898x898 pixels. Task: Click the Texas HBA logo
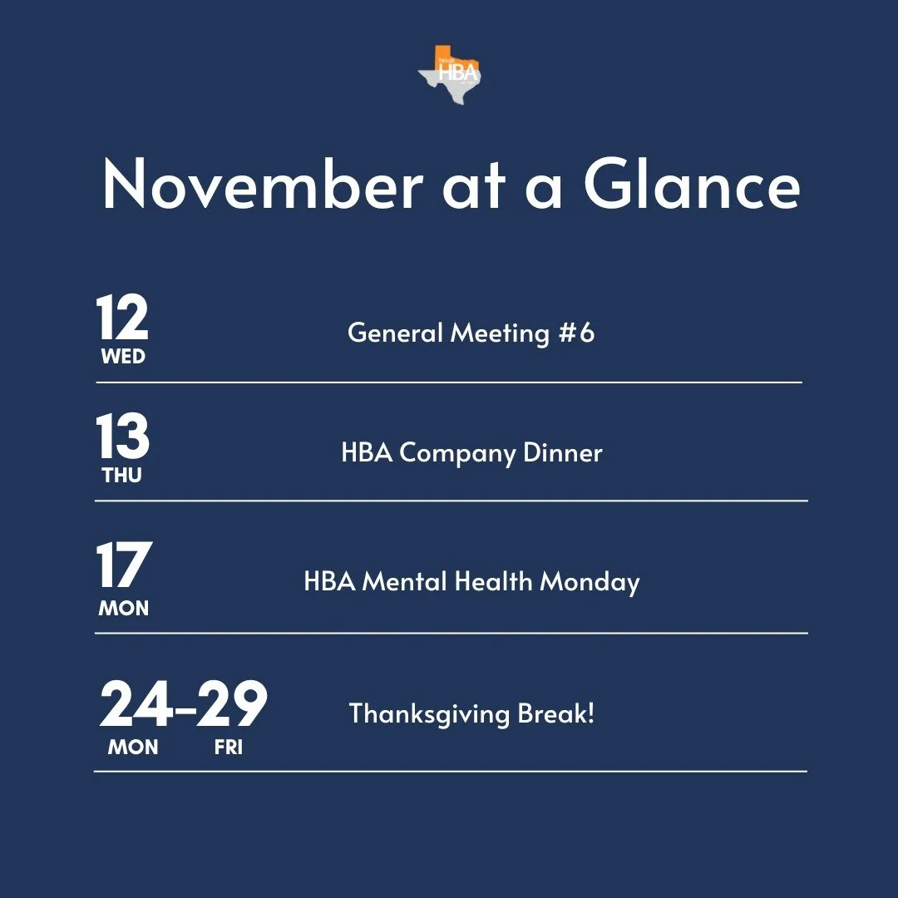[x=450, y=72]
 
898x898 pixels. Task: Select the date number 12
[x=122, y=318]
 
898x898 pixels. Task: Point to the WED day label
[x=123, y=357]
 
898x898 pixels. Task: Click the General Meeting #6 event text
[x=471, y=333]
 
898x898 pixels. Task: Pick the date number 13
[x=122, y=438]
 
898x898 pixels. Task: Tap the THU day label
[x=122, y=476]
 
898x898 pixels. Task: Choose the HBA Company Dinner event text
[x=471, y=453]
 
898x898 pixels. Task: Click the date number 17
[x=123, y=566]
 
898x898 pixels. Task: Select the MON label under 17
[x=124, y=609]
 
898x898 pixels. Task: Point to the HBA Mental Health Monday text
[x=471, y=581]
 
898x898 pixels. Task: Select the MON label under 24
[x=133, y=747]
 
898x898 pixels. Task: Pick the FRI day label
[x=228, y=747]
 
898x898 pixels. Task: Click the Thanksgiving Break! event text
[x=471, y=713]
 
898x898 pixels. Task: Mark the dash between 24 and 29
[x=185, y=708]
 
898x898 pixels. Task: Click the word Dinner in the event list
[x=562, y=453]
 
